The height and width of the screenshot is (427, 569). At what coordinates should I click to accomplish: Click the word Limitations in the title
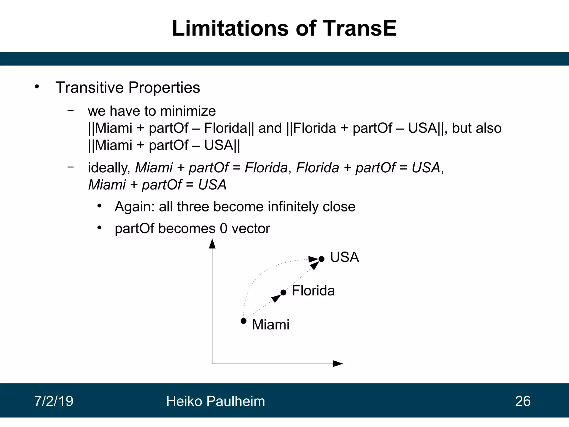(x=231, y=28)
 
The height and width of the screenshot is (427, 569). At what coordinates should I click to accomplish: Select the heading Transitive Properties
(x=128, y=88)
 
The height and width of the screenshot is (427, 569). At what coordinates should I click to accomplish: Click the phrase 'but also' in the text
(x=476, y=128)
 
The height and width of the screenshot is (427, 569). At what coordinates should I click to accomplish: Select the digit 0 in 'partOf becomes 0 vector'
(x=223, y=229)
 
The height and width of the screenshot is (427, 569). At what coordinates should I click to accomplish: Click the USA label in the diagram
(x=344, y=257)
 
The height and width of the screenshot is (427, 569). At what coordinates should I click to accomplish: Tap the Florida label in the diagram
(x=313, y=291)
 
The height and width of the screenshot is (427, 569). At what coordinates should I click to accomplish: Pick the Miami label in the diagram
(x=270, y=325)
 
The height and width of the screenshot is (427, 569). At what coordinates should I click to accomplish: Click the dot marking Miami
(x=243, y=321)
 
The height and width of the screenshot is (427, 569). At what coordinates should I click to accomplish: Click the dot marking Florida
(x=283, y=292)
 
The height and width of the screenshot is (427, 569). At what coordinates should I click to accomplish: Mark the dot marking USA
(x=321, y=259)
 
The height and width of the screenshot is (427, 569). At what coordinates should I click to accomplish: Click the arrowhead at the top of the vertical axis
(x=212, y=244)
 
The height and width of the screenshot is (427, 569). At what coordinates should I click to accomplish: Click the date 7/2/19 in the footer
(x=54, y=401)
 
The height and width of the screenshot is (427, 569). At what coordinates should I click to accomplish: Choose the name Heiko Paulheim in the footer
(x=215, y=401)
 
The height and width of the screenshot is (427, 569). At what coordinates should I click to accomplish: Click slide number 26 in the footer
(x=523, y=401)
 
